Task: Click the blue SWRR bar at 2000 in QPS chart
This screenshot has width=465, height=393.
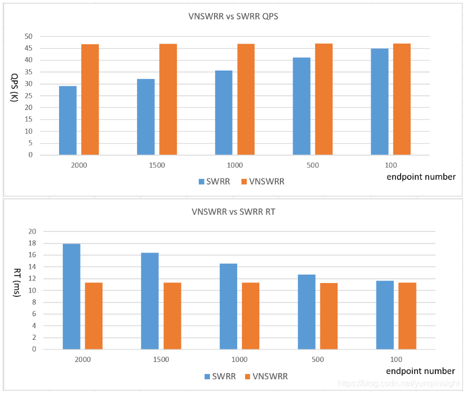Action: click(67, 120)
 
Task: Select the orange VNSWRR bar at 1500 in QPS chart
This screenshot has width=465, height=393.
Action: click(168, 99)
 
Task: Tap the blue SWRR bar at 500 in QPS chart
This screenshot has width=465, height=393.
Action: click(302, 106)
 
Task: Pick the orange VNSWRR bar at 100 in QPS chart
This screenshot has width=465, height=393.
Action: click(402, 99)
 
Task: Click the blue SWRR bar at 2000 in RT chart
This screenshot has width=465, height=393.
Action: click(71, 296)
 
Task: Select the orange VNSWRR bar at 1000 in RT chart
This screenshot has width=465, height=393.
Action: click(250, 316)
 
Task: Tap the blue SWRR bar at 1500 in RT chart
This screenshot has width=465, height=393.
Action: click(150, 301)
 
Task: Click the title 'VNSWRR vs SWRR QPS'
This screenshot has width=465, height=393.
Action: click(233, 16)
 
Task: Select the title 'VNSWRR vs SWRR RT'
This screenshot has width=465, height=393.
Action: click(233, 213)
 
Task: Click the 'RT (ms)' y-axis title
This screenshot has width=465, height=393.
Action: click(16, 290)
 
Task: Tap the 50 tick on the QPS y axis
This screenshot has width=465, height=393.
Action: click(28, 36)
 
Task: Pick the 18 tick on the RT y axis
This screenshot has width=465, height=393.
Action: click(32, 243)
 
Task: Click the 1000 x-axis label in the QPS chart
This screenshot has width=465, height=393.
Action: click(235, 165)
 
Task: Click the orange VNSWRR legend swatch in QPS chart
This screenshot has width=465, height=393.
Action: click(244, 182)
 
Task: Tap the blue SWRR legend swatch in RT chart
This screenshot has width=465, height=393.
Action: click(208, 376)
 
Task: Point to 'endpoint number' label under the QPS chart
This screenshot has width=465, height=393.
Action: click(421, 177)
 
